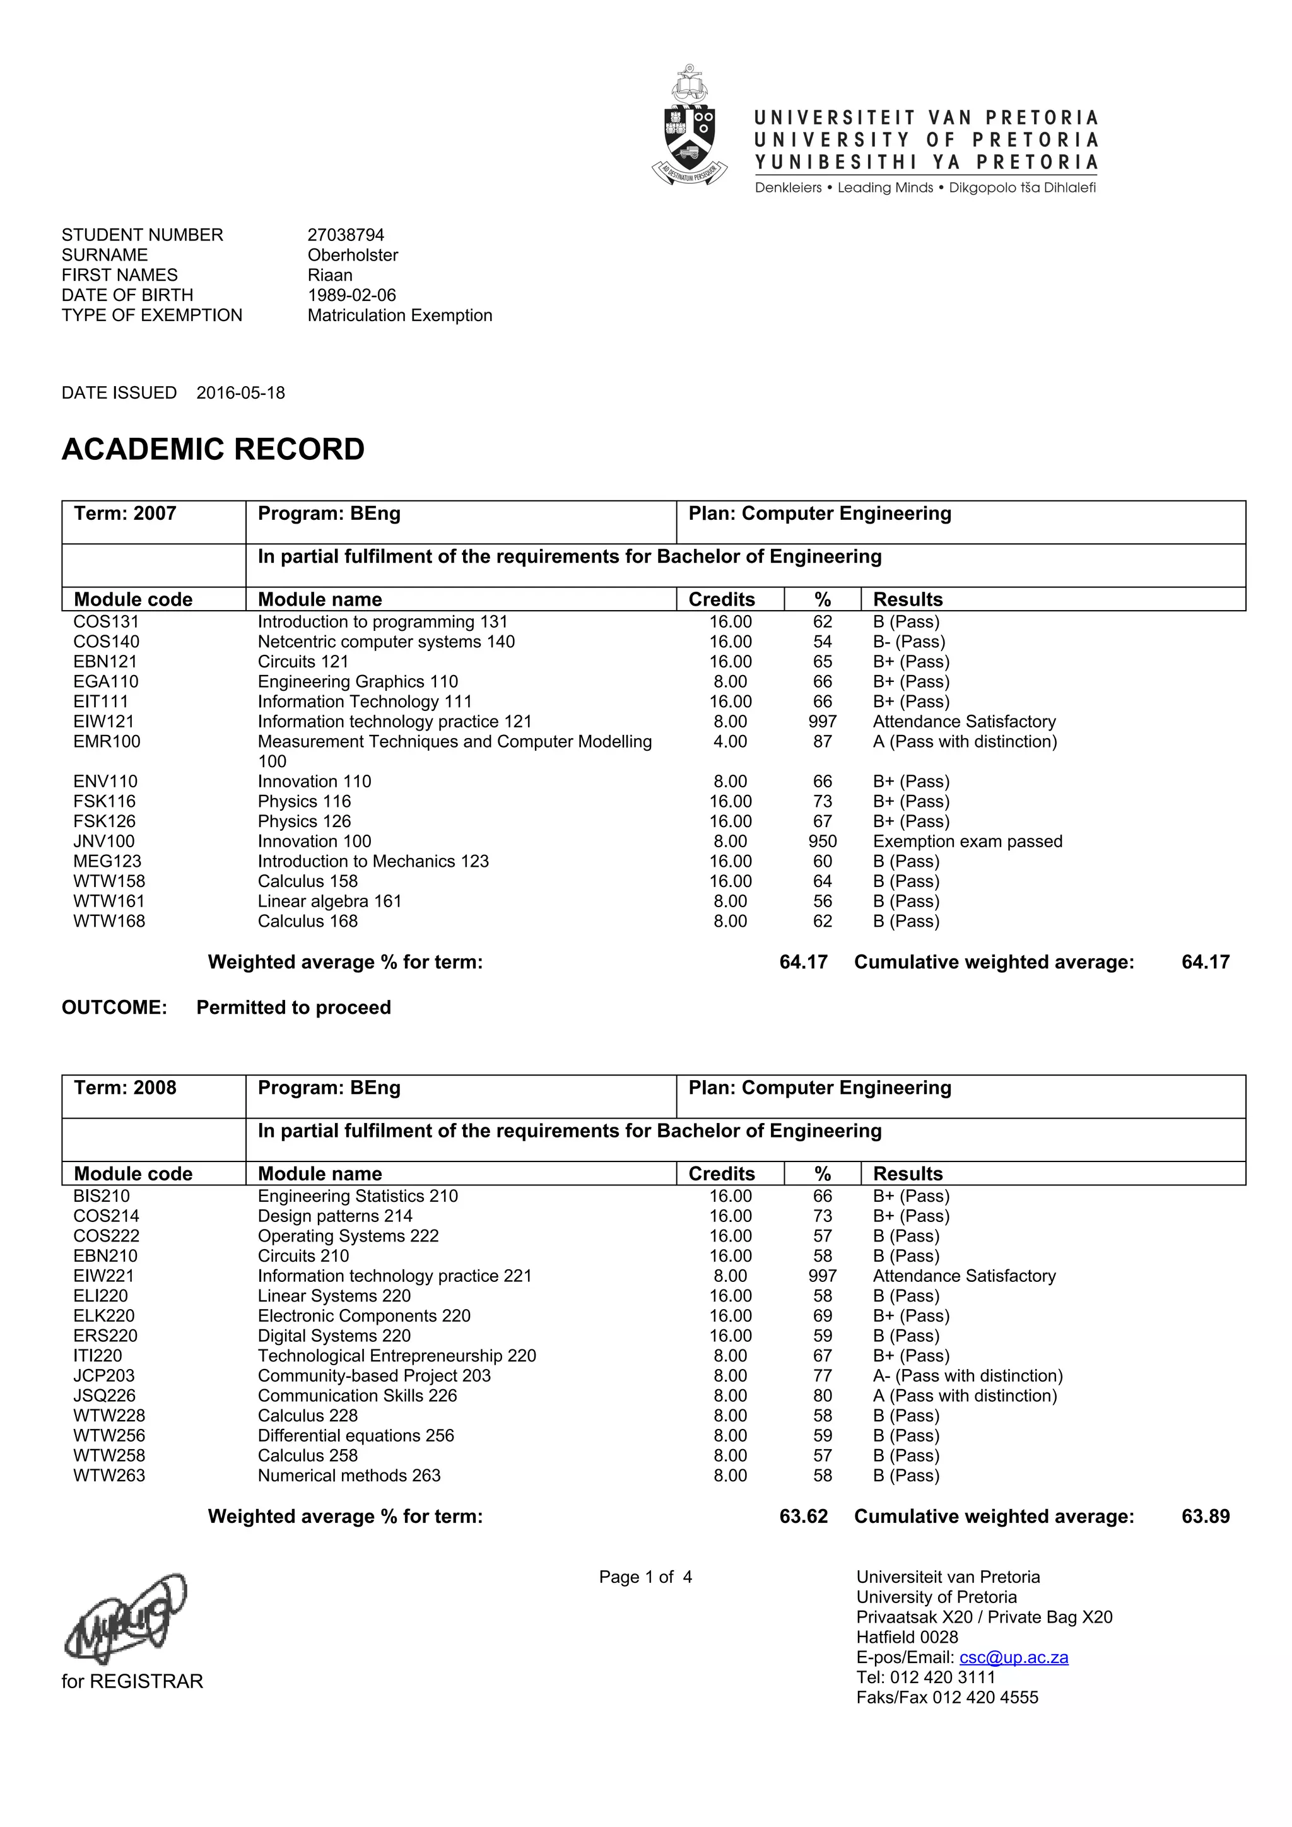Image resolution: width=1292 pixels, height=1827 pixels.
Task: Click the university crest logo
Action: point(689,126)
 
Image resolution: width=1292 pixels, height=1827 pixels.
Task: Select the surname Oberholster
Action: point(353,255)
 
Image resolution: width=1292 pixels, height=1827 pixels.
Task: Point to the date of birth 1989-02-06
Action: point(351,295)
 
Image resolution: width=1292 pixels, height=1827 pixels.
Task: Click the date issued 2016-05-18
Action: point(240,392)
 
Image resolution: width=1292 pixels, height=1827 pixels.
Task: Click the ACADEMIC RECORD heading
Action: point(213,450)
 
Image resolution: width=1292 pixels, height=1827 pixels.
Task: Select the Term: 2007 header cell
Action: point(125,514)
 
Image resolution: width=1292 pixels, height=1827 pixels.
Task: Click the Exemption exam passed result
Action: point(966,841)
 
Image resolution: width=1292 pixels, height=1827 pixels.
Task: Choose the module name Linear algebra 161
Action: point(329,901)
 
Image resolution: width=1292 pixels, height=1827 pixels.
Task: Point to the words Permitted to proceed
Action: point(293,1007)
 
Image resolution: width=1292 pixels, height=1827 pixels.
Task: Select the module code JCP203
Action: point(104,1375)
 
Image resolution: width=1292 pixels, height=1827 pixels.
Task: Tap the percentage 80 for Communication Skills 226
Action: point(822,1395)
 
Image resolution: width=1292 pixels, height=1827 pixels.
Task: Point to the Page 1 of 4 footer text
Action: point(645,1577)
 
